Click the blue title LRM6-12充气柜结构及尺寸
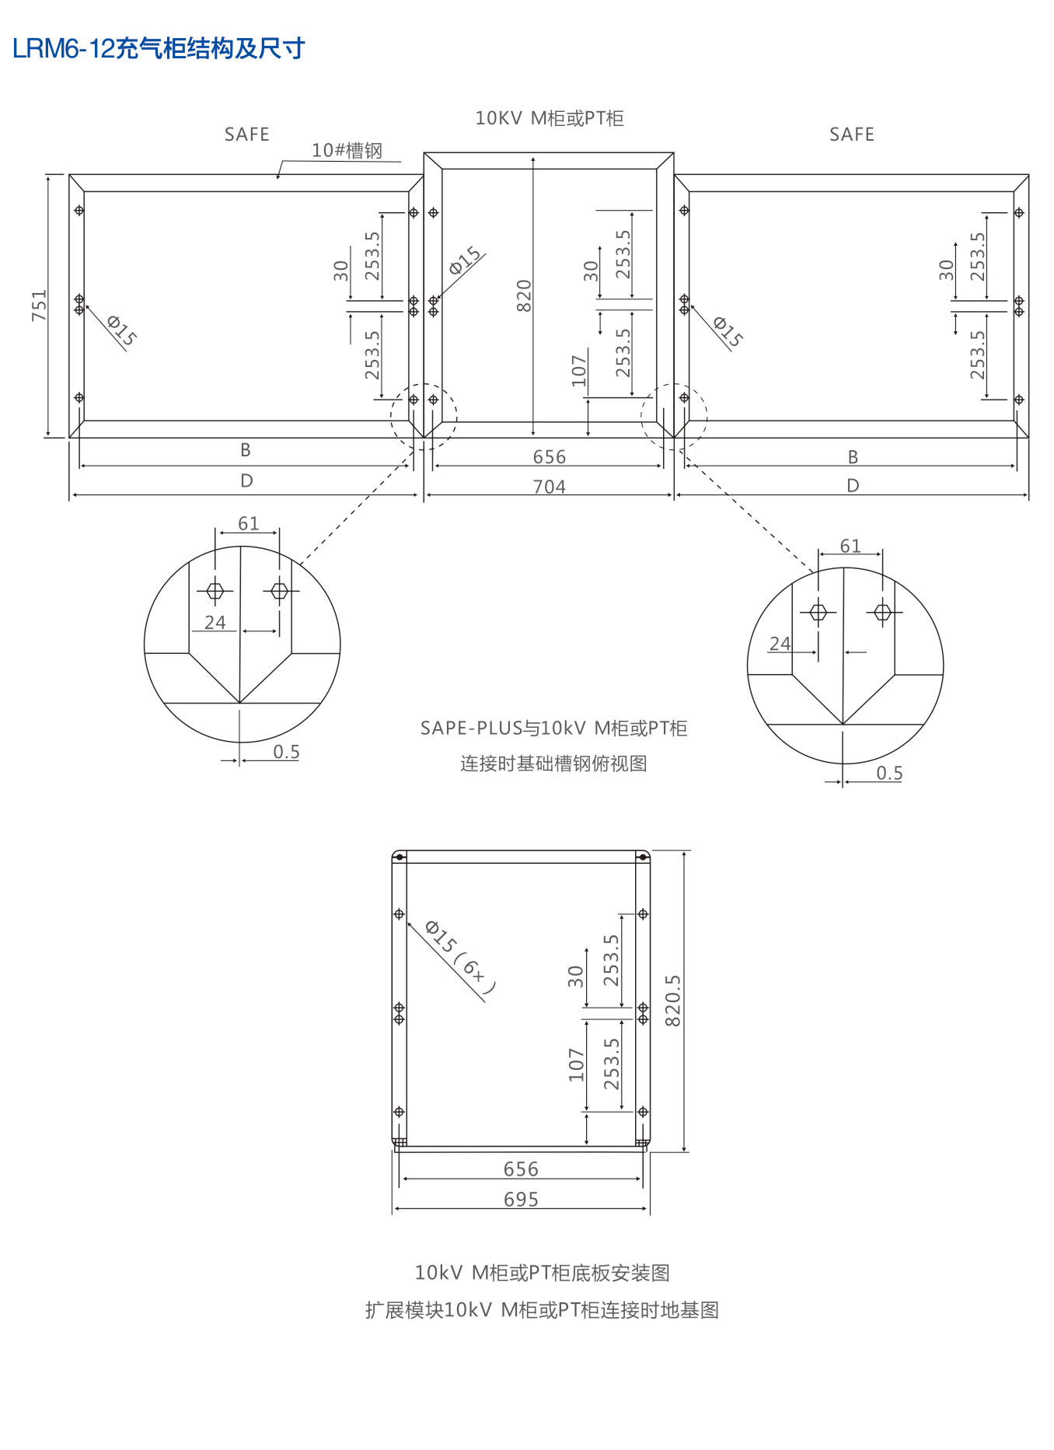159,48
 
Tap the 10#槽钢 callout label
347,150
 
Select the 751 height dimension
39,306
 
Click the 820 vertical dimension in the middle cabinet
524,295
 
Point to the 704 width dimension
549,487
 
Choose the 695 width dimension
521,1199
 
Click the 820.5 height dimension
672,1001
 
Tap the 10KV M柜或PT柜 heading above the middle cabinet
550,118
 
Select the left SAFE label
246,135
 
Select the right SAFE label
852,135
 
